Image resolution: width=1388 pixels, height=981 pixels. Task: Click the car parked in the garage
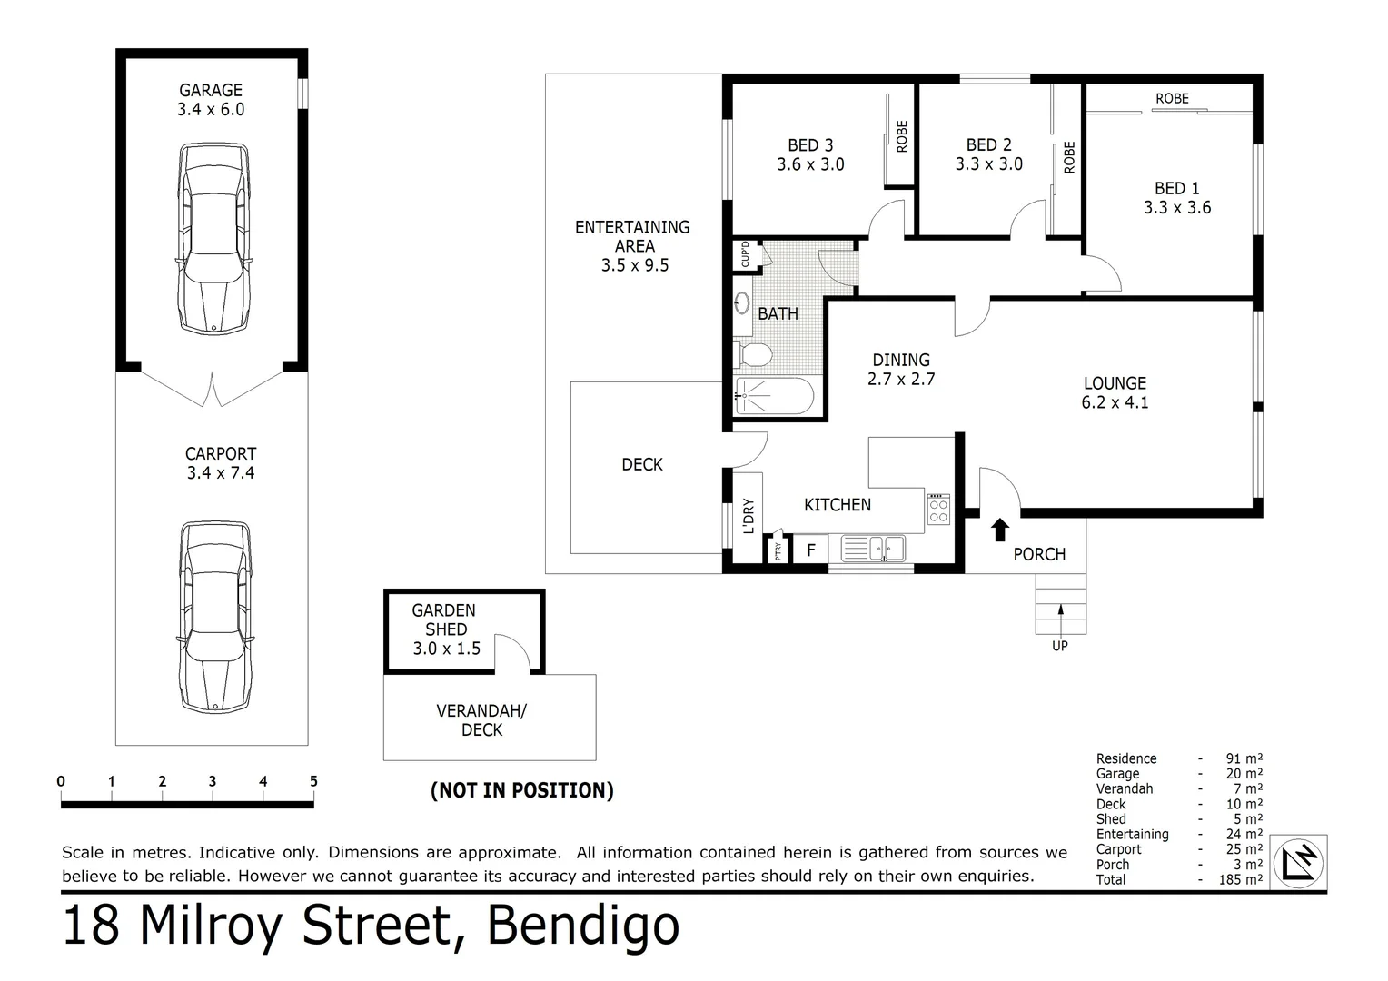point(213,238)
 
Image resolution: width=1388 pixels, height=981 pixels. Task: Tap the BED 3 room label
point(810,145)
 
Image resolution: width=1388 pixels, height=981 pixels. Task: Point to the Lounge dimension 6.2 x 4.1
point(1115,402)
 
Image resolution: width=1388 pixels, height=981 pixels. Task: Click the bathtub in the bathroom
point(773,396)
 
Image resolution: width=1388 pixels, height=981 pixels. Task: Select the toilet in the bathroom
point(753,353)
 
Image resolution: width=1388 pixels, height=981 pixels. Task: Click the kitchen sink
point(874,549)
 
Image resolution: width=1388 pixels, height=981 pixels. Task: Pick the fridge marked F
point(811,550)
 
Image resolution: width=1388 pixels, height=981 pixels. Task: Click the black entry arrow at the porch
point(999,529)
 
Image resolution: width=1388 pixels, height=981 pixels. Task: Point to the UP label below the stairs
point(1060,646)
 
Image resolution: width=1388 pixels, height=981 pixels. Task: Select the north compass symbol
point(1298,862)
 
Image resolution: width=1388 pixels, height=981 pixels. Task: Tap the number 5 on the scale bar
point(313,781)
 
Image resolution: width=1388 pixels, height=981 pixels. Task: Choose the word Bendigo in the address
point(583,926)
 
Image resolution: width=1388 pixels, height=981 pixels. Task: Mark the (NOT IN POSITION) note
point(521,790)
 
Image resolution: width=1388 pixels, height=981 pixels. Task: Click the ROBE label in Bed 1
point(1172,98)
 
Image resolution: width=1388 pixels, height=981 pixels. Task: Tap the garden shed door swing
point(514,654)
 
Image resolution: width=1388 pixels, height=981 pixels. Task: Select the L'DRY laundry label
point(749,515)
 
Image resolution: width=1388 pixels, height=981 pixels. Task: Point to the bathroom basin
point(742,302)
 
